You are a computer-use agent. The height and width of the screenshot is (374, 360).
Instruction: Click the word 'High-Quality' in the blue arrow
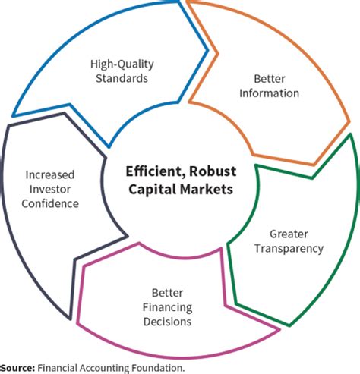tap(122, 64)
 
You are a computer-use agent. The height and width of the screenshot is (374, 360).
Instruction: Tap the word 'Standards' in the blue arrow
tap(122, 78)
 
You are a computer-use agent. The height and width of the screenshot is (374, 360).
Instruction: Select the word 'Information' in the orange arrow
tap(270, 93)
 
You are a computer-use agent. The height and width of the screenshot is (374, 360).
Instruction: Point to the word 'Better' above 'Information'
tap(270, 79)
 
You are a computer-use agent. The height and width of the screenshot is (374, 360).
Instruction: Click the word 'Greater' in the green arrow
tap(289, 234)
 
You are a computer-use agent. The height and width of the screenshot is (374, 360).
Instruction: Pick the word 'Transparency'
tap(289, 249)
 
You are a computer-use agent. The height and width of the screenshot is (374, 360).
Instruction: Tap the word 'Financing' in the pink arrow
tap(167, 308)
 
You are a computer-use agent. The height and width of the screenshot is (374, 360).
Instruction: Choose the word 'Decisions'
tap(167, 322)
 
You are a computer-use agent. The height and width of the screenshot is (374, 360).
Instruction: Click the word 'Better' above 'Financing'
tap(167, 293)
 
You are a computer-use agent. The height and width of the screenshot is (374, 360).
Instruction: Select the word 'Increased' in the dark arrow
tap(50, 174)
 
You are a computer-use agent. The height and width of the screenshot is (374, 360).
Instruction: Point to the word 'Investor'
tap(50, 189)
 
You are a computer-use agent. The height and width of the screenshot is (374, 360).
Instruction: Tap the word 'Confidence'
tap(50, 203)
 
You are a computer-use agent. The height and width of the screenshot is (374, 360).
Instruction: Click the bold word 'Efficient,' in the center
tap(153, 171)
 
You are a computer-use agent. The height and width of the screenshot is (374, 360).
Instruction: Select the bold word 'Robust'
tap(213, 171)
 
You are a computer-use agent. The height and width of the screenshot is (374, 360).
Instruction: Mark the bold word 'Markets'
tap(207, 189)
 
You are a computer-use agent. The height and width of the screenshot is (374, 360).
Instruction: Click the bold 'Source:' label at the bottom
tap(17, 368)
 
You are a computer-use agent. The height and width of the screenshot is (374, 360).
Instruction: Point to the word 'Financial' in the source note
tap(56, 368)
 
